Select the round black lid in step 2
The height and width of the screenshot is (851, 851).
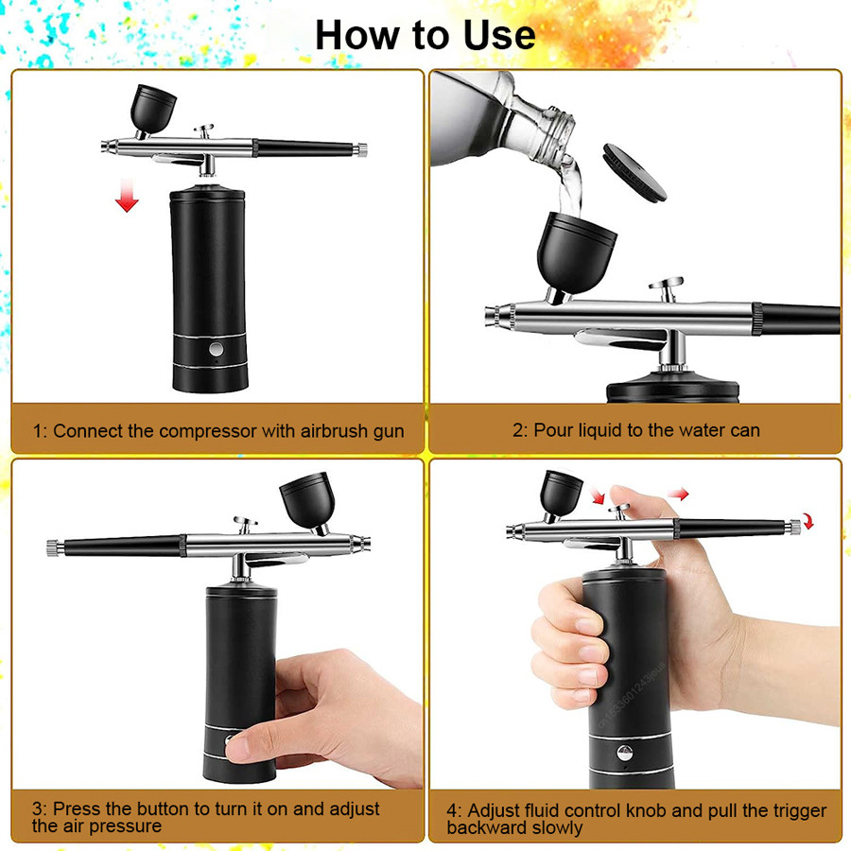634,171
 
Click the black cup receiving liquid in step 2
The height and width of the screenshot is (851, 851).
577,250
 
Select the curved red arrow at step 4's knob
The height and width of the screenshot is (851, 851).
806,520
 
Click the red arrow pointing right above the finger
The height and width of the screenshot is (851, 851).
678,493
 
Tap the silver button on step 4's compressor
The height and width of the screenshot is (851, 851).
624,754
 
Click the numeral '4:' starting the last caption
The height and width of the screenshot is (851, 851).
455,811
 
